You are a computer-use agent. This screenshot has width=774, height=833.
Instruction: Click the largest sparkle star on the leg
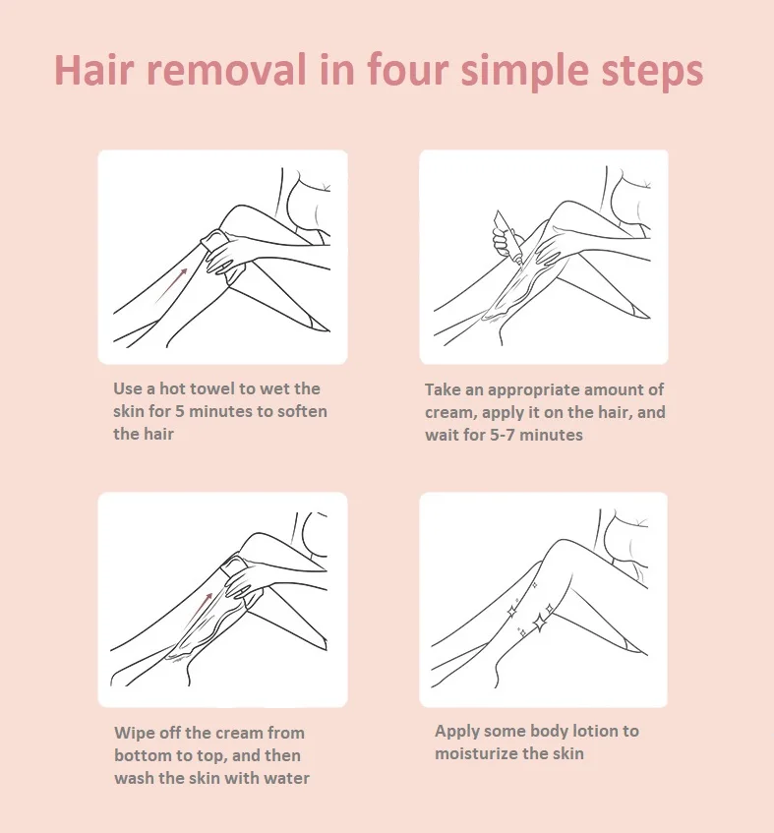pos(539,623)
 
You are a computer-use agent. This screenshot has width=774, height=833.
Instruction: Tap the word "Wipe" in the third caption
pos(135,733)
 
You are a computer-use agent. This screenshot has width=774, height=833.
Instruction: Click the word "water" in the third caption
pos(286,778)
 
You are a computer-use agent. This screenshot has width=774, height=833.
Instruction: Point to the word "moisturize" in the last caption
pos(477,753)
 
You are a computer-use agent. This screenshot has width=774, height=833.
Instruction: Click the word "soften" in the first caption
pos(302,411)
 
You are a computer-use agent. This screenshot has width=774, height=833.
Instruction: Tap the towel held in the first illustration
pos(214,239)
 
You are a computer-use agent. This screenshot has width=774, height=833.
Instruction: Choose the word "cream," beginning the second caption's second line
pos(450,413)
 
